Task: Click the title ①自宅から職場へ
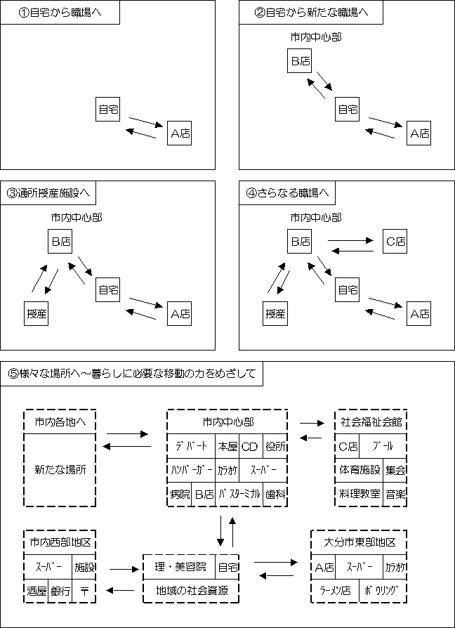[60, 13]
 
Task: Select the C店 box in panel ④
[395, 242]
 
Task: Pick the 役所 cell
[275, 445]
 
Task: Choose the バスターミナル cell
[239, 494]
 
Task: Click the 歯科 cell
[275, 494]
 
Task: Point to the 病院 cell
[179, 494]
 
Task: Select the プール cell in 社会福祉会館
[383, 445]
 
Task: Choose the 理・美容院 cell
[180, 566]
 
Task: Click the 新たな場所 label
[59, 469]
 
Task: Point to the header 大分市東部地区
[359, 542]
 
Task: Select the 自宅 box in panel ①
[108, 109]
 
